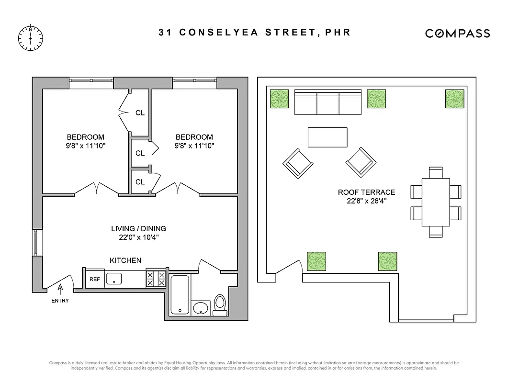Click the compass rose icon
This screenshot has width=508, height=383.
coord(30,37)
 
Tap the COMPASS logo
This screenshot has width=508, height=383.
coord(457,33)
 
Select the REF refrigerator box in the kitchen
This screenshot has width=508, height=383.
coord(95,279)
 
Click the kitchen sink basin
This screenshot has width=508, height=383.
coord(115,278)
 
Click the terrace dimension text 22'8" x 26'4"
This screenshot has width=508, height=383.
coord(366,201)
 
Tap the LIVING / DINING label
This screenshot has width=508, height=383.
coord(138,229)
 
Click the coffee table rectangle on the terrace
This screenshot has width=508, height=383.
coord(327,137)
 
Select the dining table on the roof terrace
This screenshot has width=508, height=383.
coord(436,202)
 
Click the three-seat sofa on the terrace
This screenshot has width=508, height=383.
coord(328,102)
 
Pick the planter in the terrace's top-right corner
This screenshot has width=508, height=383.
coord(455,99)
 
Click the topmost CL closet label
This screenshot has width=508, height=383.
coord(140,113)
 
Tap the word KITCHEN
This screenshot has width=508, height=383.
coord(125,260)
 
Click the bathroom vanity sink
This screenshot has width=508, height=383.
coord(201,308)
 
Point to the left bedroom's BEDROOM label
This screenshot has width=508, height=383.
coord(85,137)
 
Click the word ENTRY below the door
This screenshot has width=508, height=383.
coord(60,301)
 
